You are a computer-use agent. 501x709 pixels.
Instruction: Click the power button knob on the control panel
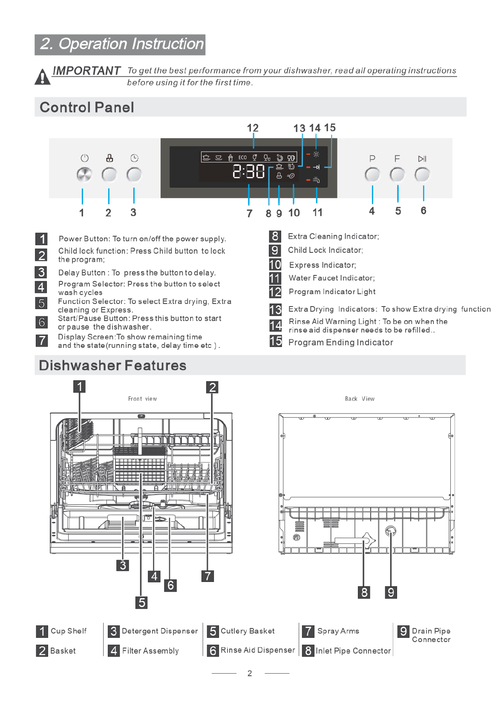click(84, 175)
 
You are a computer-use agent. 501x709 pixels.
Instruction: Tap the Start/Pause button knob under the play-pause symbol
click(422, 174)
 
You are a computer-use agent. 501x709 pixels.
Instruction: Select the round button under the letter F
click(397, 174)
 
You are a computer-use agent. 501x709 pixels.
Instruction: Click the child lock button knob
click(109, 175)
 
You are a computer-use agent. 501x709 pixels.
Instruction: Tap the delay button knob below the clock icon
click(134, 175)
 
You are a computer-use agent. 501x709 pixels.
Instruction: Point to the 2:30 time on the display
click(249, 171)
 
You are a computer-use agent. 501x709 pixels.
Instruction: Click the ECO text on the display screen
click(242, 157)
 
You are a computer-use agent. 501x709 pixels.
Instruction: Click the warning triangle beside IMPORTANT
click(42, 77)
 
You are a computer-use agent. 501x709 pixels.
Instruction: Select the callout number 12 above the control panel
click(253, 128)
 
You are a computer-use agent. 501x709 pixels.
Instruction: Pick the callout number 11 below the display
click(317, 212)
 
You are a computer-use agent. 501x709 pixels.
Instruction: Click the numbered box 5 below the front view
click(142, 602)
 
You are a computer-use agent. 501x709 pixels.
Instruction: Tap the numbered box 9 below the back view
click(391, 592)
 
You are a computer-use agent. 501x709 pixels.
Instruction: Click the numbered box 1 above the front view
click(79, 386)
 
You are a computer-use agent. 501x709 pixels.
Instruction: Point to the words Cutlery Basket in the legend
click(248, 631)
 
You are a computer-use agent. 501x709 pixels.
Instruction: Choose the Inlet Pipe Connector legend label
click(353, 651)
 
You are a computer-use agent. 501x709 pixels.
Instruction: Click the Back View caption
click(360, 399)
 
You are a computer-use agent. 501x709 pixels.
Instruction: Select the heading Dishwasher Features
click(112, 365)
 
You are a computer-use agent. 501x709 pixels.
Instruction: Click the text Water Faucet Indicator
click(331, 278)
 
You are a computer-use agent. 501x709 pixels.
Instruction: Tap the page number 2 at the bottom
click(250, 673)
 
